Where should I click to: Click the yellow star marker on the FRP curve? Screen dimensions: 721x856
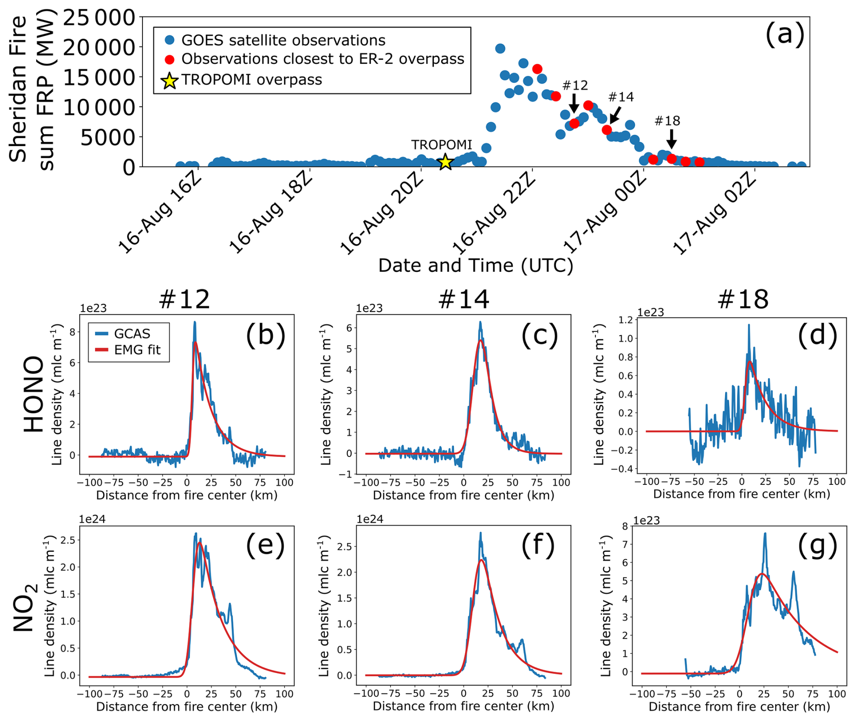pos(446,161)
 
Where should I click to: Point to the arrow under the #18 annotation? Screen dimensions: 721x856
pos(671,138)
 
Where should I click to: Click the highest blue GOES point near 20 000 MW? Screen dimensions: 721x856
pos(500,48)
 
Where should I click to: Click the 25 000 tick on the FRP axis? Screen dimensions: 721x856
pos(99,18)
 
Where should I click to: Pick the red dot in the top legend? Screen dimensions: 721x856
pos(170,59)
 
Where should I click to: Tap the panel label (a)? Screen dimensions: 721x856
pos(785,34)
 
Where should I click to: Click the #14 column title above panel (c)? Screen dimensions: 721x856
pos(464,299)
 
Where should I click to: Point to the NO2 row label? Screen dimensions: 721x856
pos(25,607)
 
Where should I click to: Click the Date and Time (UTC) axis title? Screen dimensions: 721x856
pos(476,266)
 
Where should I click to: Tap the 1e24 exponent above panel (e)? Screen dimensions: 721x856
pos(92,519)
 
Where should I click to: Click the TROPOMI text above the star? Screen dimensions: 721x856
pos(441,145)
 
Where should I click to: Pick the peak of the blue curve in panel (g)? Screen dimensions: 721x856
pos(765,533)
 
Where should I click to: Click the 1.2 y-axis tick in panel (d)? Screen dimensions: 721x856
pos(626,320)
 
